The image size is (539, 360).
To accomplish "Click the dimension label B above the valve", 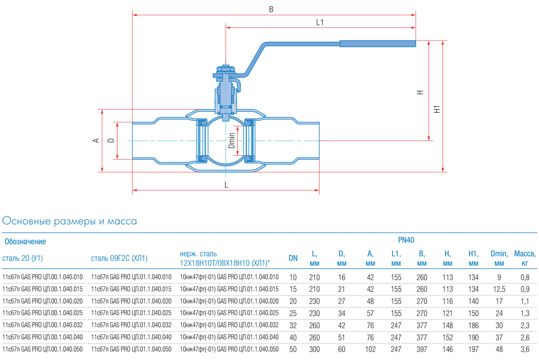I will pos(271,9).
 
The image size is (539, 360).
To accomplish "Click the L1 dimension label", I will pos(320,22).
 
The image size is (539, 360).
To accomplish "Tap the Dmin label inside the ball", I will pos(232,140).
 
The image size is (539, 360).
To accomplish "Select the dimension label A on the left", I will pos(96,140).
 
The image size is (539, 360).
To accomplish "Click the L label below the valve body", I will pos(226,184).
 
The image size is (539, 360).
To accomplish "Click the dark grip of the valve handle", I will pos(377,44).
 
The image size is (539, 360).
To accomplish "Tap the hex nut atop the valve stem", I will pos(225,69).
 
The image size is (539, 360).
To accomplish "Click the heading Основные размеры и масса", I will pos(70,221).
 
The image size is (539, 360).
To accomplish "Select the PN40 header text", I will pos(406,240).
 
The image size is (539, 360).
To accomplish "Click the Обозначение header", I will pos(25,242).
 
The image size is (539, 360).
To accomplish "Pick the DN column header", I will pos(293,258).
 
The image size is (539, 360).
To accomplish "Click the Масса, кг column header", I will pos(525,258).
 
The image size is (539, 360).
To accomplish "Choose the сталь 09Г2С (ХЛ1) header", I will pos(119,258).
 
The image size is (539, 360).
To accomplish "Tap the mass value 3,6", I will pos(525,349).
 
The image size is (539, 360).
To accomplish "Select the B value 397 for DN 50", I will pos(421,349).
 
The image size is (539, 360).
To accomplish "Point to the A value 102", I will pos(370,349).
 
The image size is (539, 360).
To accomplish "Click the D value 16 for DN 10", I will pos(341,277).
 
